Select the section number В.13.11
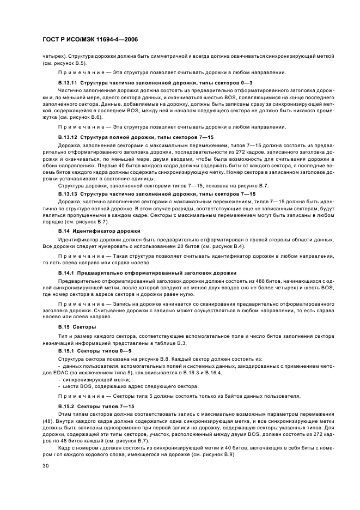69,82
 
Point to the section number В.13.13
69,194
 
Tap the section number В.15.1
67,351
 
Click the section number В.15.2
67,407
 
